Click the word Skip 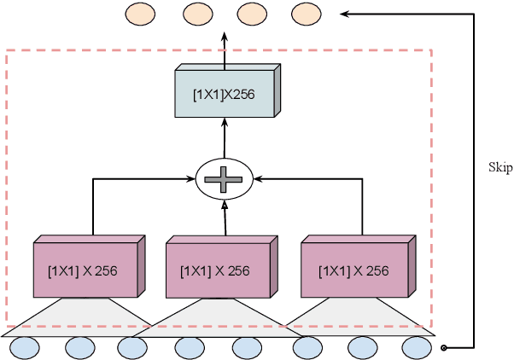coord(500,168)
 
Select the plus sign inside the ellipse coord(225,179)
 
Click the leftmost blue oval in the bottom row coord(25,347)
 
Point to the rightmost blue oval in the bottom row coord(417,347)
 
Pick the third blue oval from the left coord(134,347)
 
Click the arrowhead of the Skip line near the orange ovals coord(346,14)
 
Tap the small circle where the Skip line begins coord(443,347)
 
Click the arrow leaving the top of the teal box coord(225,47)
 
